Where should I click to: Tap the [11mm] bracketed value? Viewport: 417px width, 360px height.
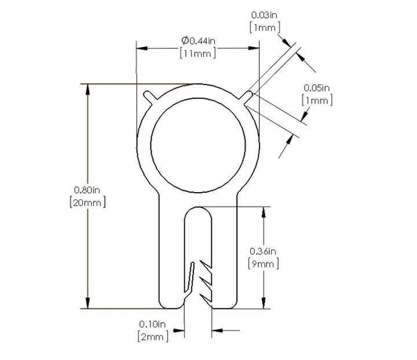pyautogui.click(x=198, y=53)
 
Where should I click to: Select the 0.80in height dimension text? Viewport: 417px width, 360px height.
pyautogui.click(x=87, y=190)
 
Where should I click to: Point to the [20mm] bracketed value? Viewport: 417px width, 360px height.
pyautogui.click(x=87, y=203)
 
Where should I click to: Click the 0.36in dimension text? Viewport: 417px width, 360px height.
pyautogui.click(x=263, y=251)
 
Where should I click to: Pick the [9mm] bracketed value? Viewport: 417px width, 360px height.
pyautogui.click(x=264, y=264)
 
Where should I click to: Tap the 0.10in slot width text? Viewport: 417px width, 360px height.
pyautogui.click(x=152, y=324)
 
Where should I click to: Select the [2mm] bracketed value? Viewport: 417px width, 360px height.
pyautogui.click(x=153, y=337)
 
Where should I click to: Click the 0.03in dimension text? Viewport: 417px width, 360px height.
pyautogui.click(x=264, y=15)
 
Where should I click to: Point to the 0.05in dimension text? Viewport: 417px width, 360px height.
pyautogui.click(x=316, y=88)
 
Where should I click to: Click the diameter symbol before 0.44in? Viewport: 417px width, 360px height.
pyautogui.click(x=185, y=41)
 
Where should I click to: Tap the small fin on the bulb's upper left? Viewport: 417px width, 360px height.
pyautogui.click(x=150, y=97)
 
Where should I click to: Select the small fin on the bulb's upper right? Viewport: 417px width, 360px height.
pyautogui.click(x=246, y=97)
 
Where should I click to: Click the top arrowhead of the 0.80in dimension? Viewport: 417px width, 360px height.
pyautogui.click(x=88, y=90)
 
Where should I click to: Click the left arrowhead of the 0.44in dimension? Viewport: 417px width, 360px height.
pyautogui.click(x=142, y=49)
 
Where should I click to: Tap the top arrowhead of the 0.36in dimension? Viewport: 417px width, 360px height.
pyautogui.click(x=264, y=212)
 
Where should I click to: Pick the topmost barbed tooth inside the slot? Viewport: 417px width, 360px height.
pyautogui.click(x=206, y=265)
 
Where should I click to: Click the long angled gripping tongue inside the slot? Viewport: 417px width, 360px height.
pyautogui.click(x=189, y=277)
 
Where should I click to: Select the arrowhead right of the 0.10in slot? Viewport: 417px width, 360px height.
pyautogui.click(x=217, y=330)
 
